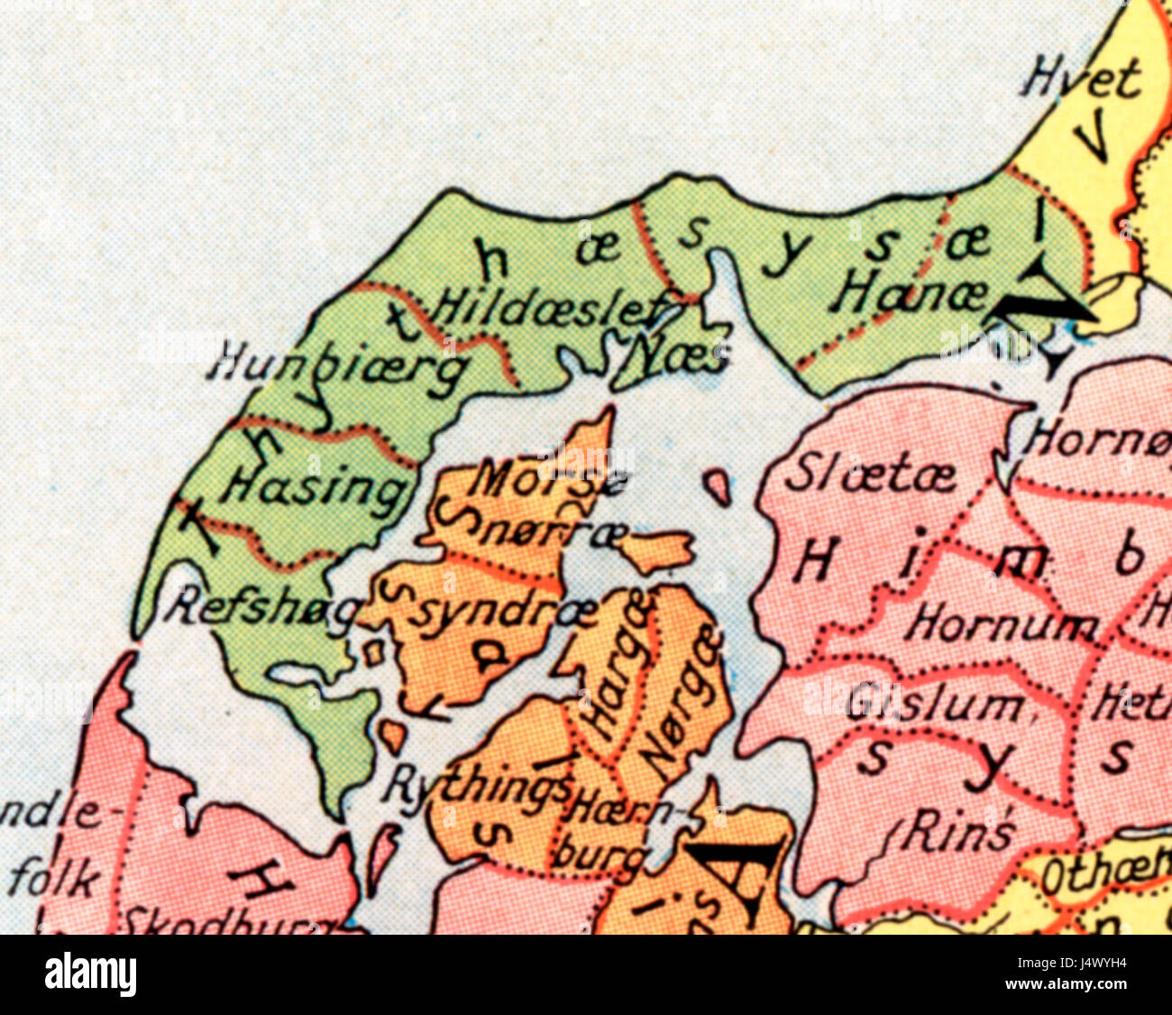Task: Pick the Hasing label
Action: (x=313, y=487)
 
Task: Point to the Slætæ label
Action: (x=869, y=475)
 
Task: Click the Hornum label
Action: (x=1003, y=623)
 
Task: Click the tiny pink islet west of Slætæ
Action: (x=717, y=487)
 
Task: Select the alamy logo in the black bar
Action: (x=90, y=974)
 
